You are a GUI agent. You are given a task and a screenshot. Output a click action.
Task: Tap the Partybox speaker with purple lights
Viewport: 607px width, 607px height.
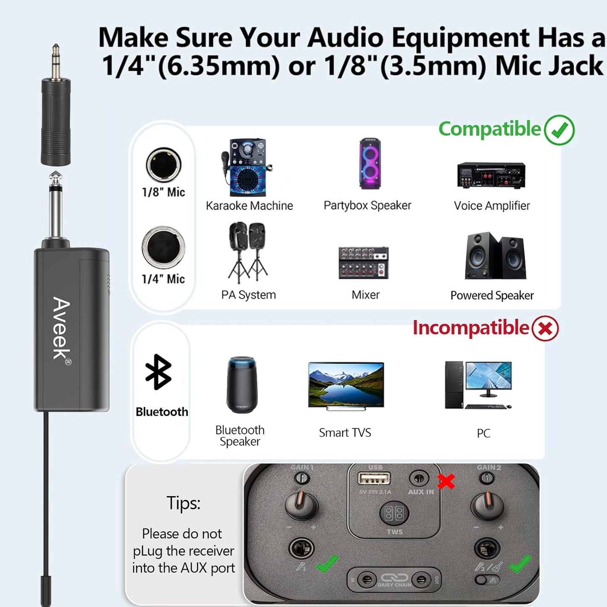(x=370, y=164)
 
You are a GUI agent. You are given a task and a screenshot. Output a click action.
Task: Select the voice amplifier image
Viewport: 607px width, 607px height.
(x=491, y=175)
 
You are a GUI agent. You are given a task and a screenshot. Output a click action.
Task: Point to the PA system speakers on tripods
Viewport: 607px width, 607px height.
(x=248, y=252)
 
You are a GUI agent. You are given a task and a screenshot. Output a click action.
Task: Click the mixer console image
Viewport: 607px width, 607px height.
(x=363, y=263)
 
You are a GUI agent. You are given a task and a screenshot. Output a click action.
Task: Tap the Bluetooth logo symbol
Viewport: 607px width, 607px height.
(x=158, y=372)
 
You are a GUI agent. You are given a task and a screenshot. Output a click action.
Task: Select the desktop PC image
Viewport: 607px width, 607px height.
(x=478, y=385)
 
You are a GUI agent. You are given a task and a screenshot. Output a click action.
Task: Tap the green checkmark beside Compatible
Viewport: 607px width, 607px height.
(x=559, y=130)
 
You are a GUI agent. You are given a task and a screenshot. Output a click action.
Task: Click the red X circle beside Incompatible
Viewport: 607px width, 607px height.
(x=545, y=328)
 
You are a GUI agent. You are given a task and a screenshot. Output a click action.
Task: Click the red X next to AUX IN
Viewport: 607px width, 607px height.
(x=446, y=481)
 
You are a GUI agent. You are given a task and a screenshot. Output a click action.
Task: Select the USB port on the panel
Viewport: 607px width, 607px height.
(x=374, y=478)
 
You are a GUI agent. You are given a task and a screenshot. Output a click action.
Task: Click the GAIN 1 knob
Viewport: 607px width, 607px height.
(x=302, y=504)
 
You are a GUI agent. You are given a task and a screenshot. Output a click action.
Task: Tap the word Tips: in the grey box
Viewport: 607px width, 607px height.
(x=183, y=503)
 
